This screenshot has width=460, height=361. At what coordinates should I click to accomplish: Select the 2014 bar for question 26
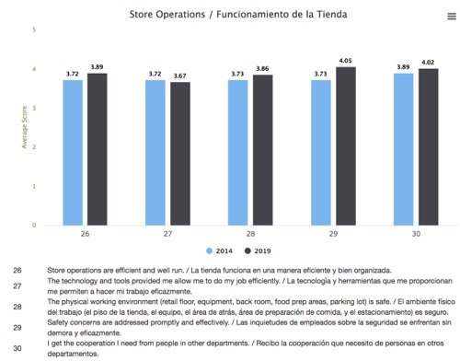(x=74, y=152)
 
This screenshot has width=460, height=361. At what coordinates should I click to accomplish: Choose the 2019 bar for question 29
(x=347, y=146)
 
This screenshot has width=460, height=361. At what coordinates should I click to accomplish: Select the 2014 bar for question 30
(x=402, y=148)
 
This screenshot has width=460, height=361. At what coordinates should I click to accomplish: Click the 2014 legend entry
(x=219, y=250)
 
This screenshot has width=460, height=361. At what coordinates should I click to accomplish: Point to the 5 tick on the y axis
(x=34, y=30)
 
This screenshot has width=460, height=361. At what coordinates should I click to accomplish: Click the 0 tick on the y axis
(x=34, y=225)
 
